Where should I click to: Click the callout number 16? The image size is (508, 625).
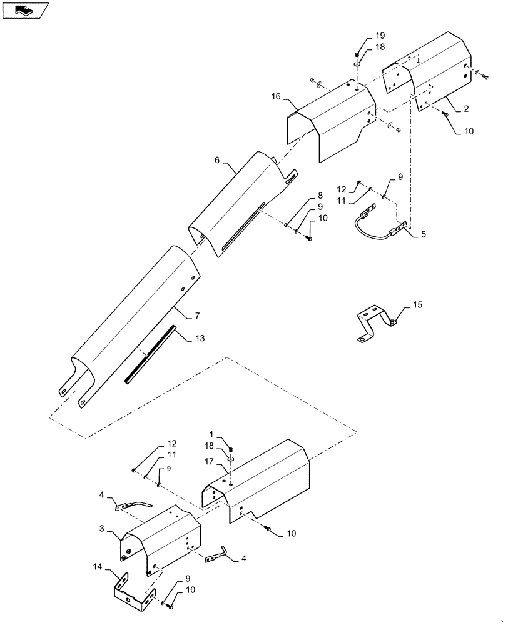click(x=275, y=97)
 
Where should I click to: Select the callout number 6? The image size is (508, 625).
click(x=217, y=160)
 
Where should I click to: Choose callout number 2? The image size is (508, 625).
click(x=466, y=109)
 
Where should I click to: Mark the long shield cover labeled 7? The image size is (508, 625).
click(x=131, y=325)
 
